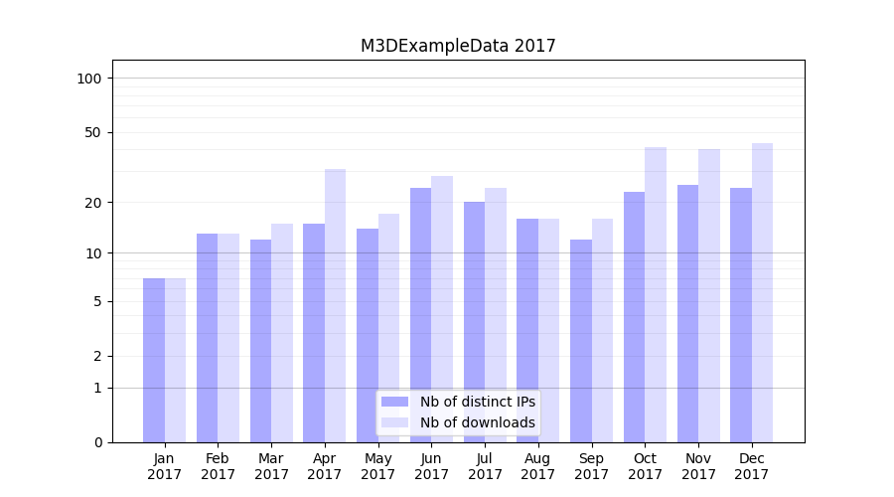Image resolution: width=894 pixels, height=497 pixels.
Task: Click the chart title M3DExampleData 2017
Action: coord(458,47)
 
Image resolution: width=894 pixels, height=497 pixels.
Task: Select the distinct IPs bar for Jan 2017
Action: coord(154,360)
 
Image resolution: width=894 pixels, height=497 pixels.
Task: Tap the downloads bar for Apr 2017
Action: coord(335,305)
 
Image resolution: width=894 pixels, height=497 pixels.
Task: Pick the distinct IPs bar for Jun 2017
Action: coord(420,315)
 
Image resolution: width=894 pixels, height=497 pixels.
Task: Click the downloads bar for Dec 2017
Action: coord(762,292)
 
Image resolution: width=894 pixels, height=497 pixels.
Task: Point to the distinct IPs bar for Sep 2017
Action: coord(580,341)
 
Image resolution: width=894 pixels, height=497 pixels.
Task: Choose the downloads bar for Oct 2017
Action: coord(656,294)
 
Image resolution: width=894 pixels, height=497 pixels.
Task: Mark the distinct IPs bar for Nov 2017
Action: coord(687,313)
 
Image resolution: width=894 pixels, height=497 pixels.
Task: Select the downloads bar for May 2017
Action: coord(388,328)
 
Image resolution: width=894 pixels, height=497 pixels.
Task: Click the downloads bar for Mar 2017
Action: coord(282,333)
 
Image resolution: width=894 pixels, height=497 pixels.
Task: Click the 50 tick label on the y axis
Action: coord(93,132)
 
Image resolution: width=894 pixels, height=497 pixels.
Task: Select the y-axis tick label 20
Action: coord(93,203)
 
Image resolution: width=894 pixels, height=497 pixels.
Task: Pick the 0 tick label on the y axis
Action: coord(97,442)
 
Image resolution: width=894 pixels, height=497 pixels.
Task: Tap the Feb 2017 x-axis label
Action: coord(218,466)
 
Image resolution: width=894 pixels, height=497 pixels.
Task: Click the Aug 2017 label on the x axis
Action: coord(538,466)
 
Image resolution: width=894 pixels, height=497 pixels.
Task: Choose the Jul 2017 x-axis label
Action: coord(485,466)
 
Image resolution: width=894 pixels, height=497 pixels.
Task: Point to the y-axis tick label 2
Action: coord(97,356)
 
